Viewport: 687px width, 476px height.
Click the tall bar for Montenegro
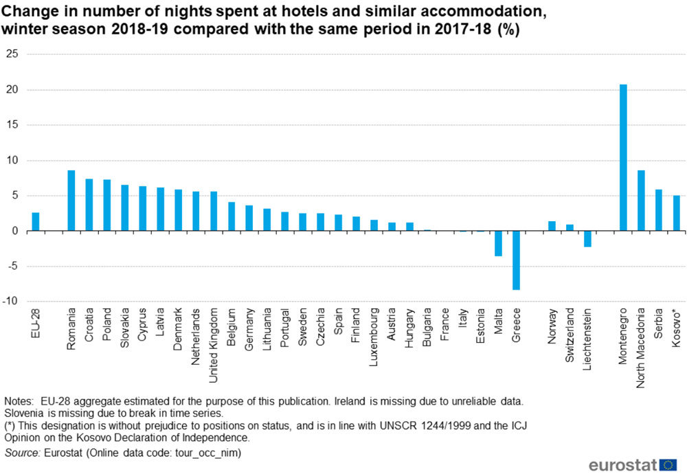point(623,158)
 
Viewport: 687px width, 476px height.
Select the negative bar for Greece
point(516,260)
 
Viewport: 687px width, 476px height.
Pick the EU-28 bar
point(36,222)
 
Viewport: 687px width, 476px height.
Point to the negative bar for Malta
point(498,244)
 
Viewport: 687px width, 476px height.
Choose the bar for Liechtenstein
point(587,239)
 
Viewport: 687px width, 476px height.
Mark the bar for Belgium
point(232,216)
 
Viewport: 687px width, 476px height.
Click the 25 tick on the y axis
point(11,54)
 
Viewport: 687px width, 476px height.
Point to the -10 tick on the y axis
point(10,302)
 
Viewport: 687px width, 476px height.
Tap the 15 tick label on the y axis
point(11,125)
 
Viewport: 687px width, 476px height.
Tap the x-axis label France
point(445,325)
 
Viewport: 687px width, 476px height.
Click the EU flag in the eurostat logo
point(668,465)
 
